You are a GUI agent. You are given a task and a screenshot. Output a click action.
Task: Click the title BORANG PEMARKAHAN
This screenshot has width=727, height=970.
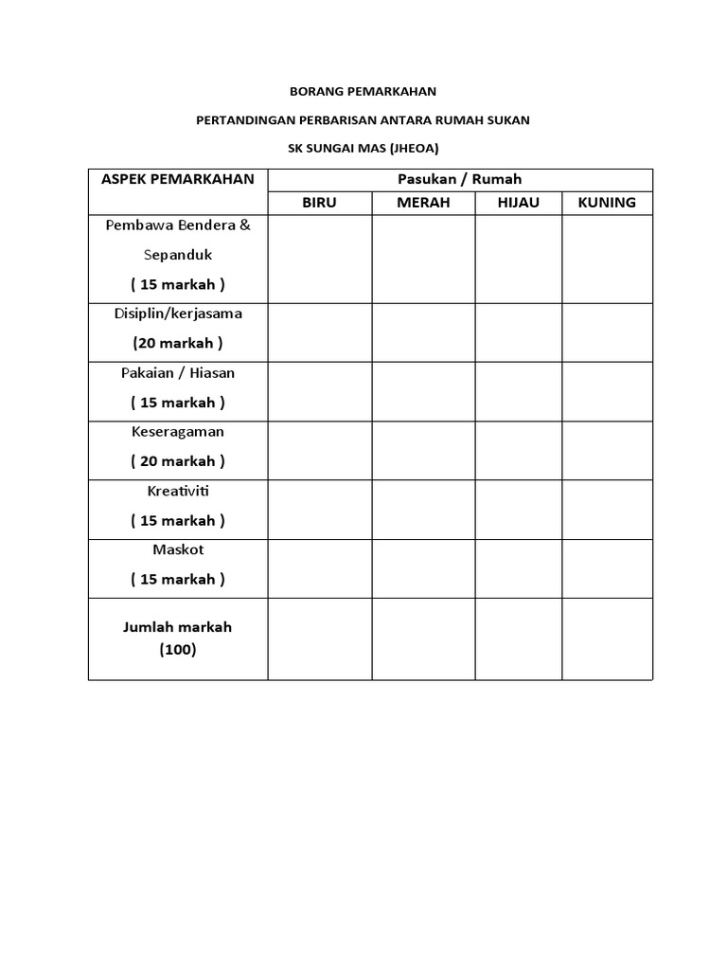coord(363,93)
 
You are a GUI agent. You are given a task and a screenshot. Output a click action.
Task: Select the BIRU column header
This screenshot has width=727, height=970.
coord(319,203)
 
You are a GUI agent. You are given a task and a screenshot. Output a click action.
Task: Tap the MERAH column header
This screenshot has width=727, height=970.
coord(423,203)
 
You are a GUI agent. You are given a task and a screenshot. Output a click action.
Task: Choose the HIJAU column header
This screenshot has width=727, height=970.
coord(518,203)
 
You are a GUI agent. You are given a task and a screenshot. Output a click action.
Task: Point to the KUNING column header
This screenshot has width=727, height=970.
coord(607,203)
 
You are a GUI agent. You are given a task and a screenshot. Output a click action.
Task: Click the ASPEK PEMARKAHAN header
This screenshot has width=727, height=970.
coord(178,179)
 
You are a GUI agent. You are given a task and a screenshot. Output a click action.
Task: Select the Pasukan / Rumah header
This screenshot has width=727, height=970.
coord(460,179)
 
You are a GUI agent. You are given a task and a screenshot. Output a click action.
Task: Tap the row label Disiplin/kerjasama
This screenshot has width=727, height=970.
coord(178,314)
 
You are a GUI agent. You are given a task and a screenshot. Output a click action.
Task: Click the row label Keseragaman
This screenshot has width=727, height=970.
coord(178,431)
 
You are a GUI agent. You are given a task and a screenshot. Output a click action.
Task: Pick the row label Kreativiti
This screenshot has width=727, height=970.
coord(178,491)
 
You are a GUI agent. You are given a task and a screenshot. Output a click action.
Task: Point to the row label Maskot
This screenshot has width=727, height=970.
coord(178,549)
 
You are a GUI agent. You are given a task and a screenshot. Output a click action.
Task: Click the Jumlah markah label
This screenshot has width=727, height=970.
coord(178,627)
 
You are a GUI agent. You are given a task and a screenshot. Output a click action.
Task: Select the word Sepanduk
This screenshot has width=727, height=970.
coord(178,255)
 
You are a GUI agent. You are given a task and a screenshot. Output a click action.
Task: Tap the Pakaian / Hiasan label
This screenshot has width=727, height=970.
coord(178,372)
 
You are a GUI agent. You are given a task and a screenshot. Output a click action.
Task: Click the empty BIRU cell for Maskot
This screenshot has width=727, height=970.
coord(319,568)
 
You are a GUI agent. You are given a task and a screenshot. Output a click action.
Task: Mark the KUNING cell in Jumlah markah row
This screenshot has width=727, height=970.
coord(607,638)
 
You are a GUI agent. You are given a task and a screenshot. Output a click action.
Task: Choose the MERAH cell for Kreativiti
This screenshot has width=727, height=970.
coord(423,510)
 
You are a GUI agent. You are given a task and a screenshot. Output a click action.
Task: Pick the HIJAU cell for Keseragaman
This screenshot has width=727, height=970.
coord(518,450)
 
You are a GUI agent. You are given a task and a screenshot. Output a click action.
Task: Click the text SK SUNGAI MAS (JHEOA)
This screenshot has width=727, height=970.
coord(363,149)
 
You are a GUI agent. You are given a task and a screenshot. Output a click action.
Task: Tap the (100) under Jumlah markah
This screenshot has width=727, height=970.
coord(178,650)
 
